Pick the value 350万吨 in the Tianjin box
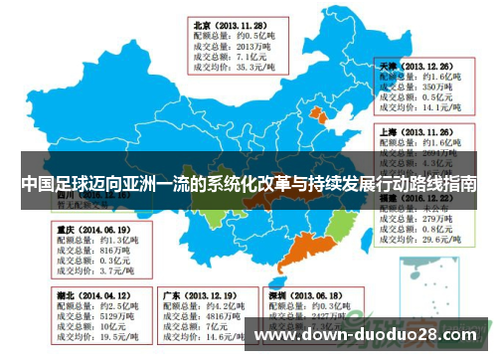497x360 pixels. pyautogui.click(x=429, y=87)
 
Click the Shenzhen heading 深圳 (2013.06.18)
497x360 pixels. pyautogui.click(x=287, y=296)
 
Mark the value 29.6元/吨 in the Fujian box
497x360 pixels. pyautogui.click(x=437, y=240)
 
